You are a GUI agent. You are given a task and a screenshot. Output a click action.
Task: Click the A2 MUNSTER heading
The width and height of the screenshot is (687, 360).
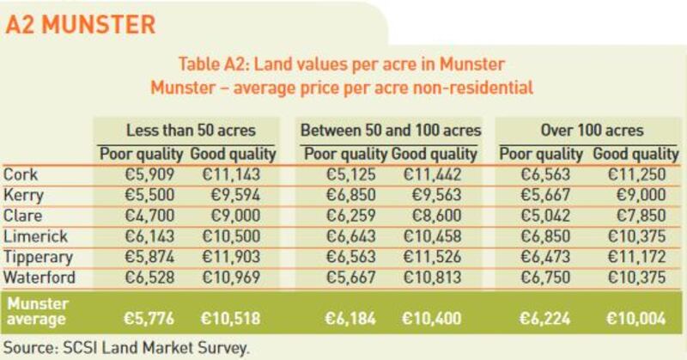pos(81,24)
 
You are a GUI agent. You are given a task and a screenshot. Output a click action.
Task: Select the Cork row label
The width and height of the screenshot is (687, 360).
pos(21,174)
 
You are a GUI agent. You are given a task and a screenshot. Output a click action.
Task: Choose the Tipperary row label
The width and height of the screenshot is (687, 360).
pos(39,257)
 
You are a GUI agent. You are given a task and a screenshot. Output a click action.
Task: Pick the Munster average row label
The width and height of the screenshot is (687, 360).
pos(38,310)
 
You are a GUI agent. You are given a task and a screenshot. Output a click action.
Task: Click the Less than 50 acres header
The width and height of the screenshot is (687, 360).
pos(189,131)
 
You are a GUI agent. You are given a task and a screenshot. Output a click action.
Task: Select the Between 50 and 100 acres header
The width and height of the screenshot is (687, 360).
pos(390,131)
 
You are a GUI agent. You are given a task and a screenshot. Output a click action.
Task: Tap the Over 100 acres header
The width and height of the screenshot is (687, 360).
pos(593,131)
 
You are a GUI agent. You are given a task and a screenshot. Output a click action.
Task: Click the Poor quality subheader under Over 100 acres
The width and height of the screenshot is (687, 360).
pos(542,155)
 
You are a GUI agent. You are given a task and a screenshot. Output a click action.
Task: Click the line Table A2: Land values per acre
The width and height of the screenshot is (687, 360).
pos(341,65)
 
